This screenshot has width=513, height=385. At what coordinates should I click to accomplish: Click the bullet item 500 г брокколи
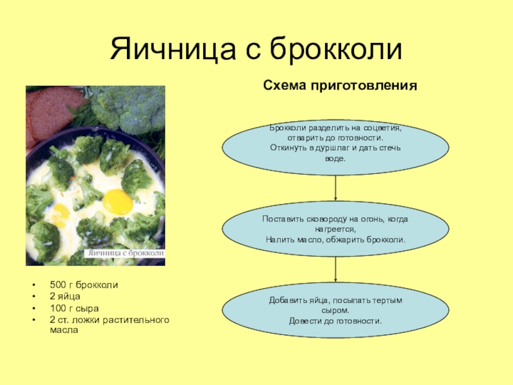[x=83, y=284]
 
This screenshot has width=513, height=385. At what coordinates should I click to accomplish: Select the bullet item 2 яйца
[x=65, y=296]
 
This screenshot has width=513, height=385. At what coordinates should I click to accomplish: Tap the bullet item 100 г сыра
[x=71, y=308]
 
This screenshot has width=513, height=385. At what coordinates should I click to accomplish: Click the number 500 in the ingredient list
[x=58, y=284]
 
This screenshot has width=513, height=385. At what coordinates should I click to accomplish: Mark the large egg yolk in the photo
[x=118, y=202]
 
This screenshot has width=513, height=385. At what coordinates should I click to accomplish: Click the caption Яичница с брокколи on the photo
[x=126, y=253]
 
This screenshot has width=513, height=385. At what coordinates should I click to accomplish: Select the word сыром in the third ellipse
[x=335, y=310]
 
